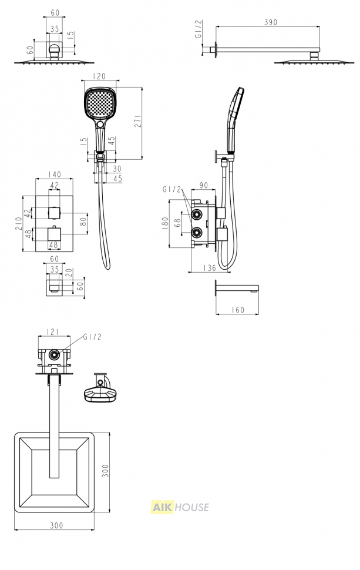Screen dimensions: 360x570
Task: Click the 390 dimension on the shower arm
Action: tap(270, 22)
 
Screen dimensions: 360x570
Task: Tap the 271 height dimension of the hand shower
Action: tap(138, 121)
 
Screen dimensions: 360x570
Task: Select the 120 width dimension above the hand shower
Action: tap(99, 76)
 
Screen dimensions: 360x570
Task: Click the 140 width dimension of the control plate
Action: tap(54, 175)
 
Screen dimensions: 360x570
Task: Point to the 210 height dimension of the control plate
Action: tap(18, 223)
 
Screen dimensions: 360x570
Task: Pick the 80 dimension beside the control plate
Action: tap(83, 221)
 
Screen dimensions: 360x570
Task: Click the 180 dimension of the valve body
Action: tap(165, 223)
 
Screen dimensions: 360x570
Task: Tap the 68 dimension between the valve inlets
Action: tap(177, 223)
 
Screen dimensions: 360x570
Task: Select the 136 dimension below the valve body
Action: tap(210, 268)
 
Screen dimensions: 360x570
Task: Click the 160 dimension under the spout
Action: tap(238, 310)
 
